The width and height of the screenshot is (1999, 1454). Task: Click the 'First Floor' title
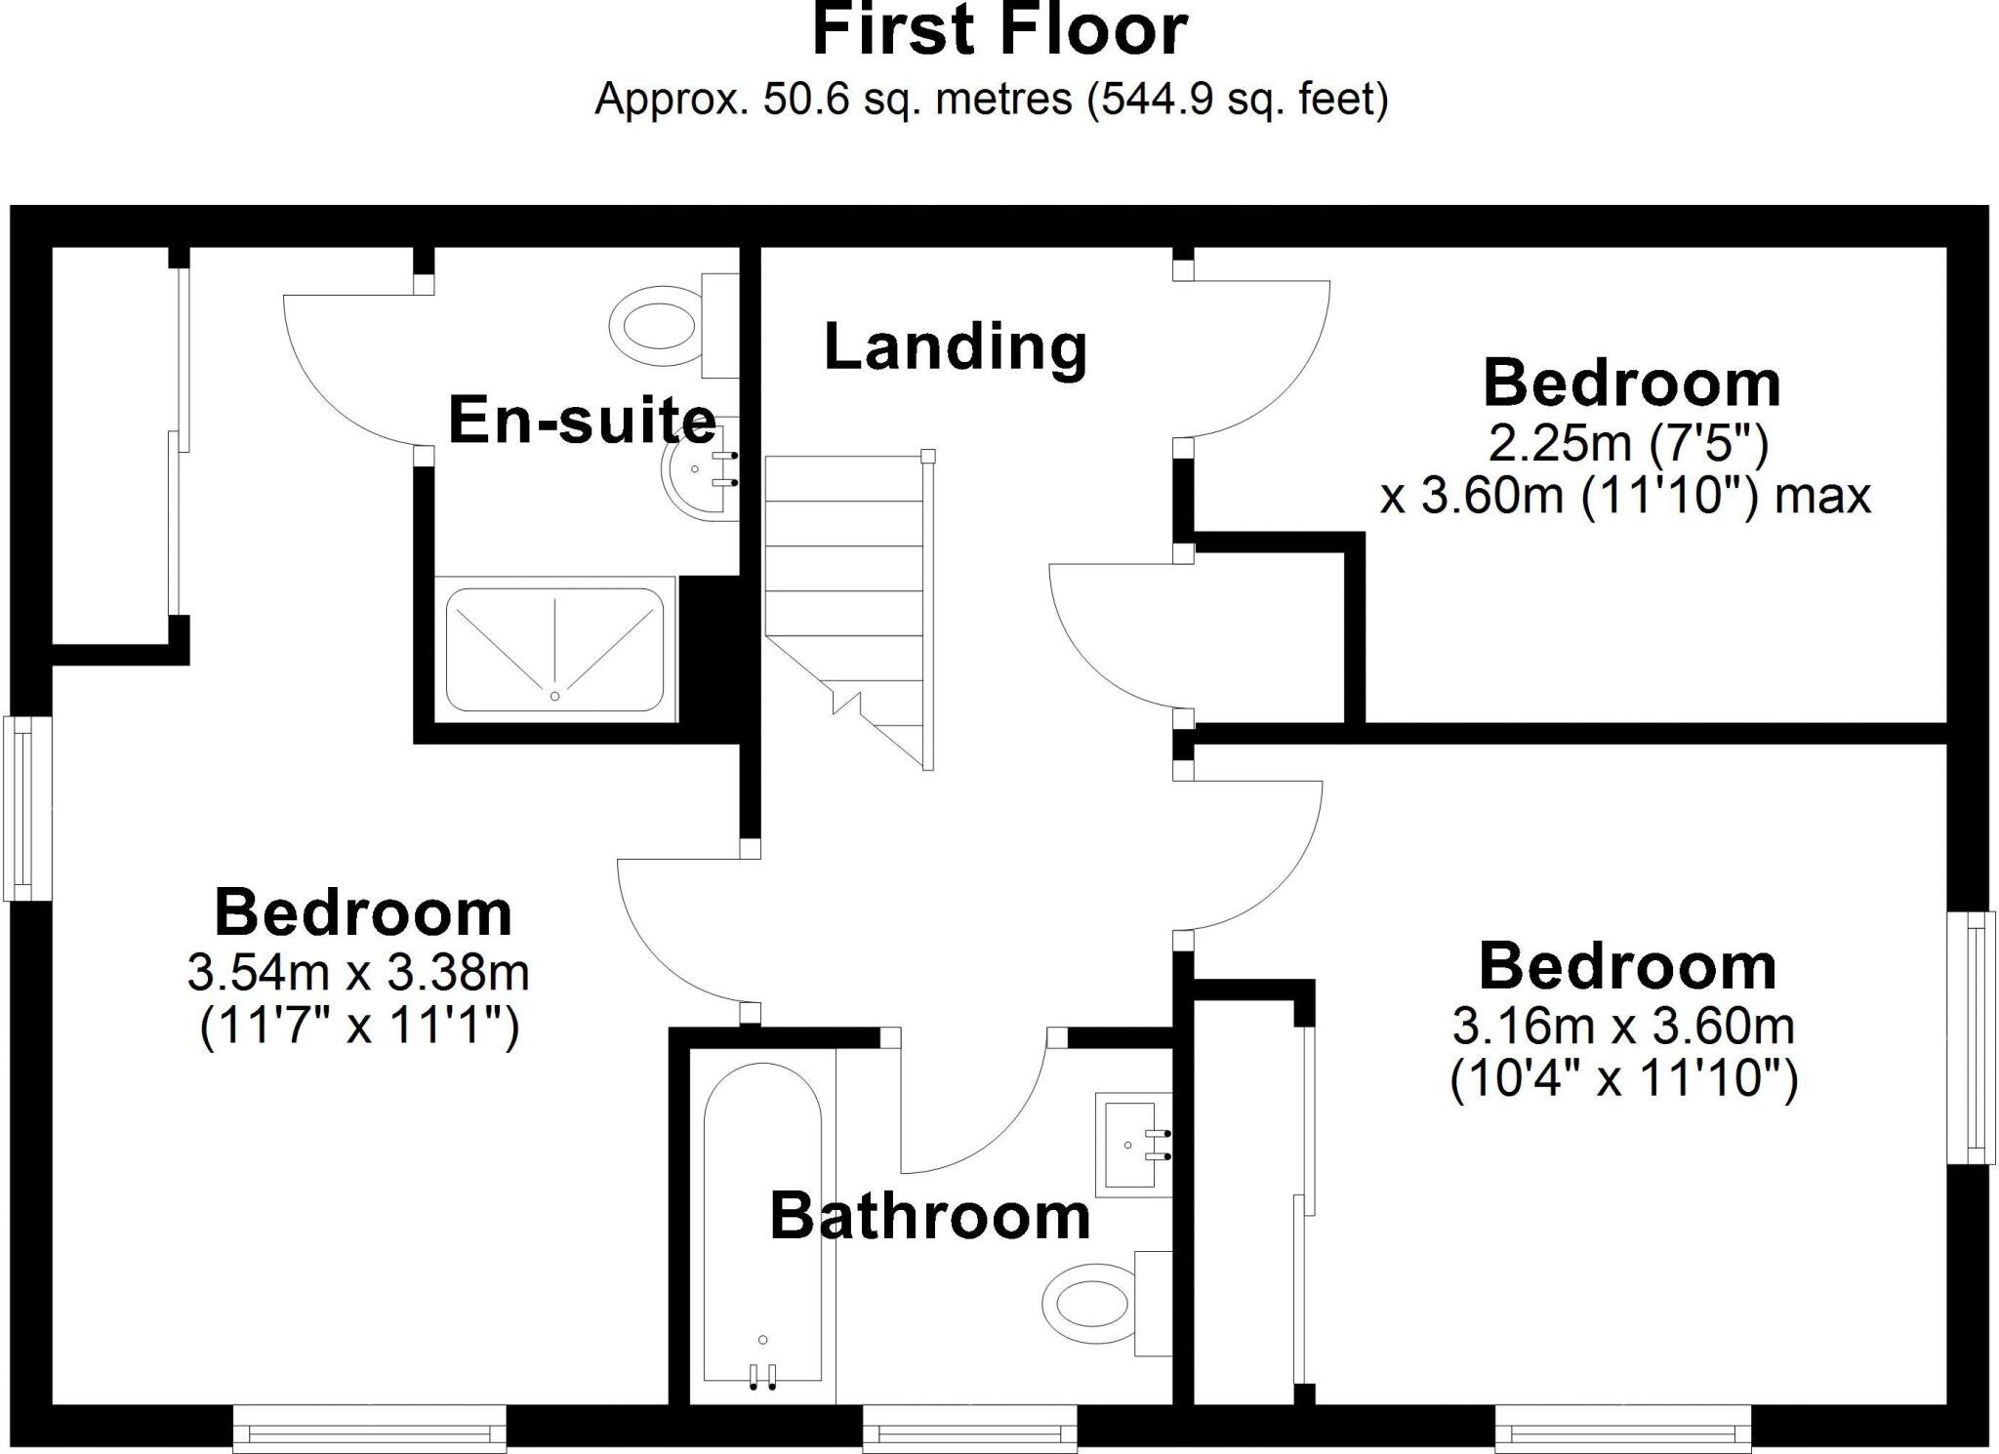999,31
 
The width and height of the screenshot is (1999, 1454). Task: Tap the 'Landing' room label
956,346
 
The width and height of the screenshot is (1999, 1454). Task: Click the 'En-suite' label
582,421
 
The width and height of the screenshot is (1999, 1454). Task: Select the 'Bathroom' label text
929,1217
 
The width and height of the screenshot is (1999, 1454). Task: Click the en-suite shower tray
554,649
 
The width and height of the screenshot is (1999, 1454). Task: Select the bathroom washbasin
1132,1145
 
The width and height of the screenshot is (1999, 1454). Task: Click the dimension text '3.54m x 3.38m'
358,972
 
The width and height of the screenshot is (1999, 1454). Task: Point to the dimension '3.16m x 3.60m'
1623,1026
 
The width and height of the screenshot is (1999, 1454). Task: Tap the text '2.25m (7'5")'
1628,444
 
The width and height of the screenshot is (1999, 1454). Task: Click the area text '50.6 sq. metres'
916,100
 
